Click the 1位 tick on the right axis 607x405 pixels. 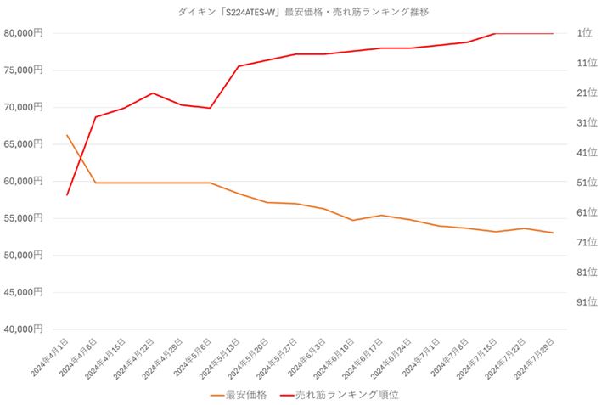(x=584, y=33)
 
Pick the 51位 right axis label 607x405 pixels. (x=587, y=183)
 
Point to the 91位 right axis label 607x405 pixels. (x=587, y=301)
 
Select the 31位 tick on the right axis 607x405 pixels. (x=587, y=123)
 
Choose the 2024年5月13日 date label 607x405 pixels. (x=222, y=358)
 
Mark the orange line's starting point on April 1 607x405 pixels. (x=67, y=135)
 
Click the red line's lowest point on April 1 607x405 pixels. (x=67, y=195)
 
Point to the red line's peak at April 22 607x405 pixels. (x=153, y=93)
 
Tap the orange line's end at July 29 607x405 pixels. (x=554, y=233)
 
